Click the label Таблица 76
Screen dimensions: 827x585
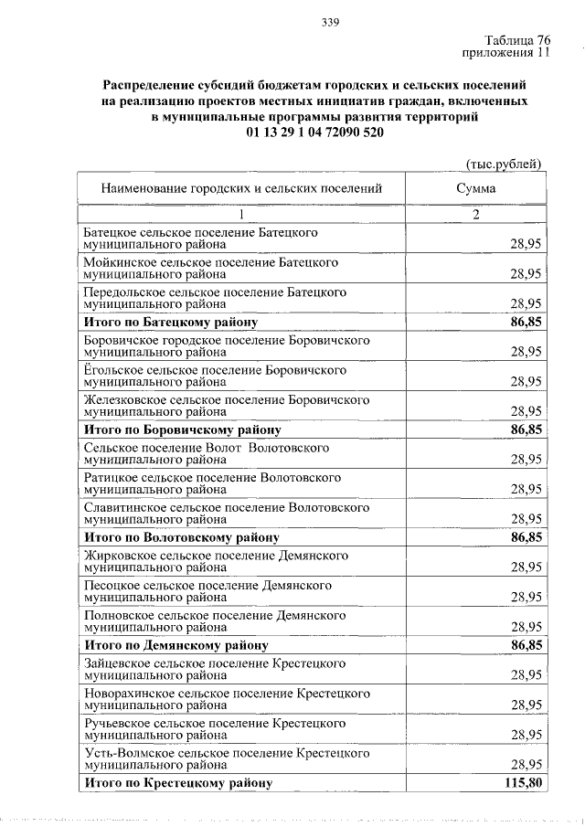[518, 39]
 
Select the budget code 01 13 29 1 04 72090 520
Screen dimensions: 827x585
[314, 132]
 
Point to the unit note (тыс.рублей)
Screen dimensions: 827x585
[505, 164]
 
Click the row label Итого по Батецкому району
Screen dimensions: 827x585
[170, 323]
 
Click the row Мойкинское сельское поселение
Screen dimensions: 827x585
[210, 267]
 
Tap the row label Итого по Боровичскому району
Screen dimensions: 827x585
[181, 429]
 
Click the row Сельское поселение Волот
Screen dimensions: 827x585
[206, 454]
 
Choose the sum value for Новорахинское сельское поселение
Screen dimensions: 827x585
[526, 705]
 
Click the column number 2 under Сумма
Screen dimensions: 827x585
[476, 215]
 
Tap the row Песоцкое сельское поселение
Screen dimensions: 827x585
[207, 591]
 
